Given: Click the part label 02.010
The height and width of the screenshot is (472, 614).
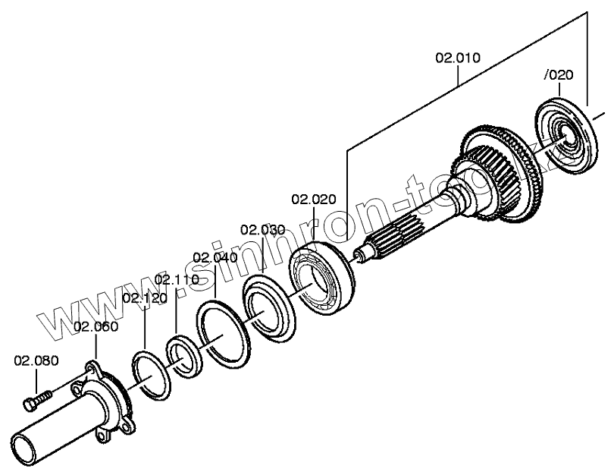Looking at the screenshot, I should [x=457, y=58].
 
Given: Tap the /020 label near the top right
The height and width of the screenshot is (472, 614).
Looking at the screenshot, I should [x=559, y=74].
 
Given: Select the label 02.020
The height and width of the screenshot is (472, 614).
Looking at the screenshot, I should [x=313, y=200].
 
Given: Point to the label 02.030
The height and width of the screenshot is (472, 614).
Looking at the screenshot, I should [x=262, y=230].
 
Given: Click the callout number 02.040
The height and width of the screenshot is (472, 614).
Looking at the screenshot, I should [x=215, y=257].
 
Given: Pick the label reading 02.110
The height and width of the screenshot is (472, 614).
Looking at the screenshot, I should [x=177, y=280].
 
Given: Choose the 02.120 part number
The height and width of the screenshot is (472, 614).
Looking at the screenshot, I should [x=144, y=298].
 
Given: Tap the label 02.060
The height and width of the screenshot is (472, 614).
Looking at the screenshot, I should [x=96, y=327].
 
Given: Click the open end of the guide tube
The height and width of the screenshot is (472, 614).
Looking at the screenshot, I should [x=27, y=444].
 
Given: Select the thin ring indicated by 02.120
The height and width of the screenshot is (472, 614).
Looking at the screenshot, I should [x=152, y=373].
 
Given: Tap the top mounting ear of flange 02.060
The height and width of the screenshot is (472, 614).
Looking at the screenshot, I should [x=93, y=369].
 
